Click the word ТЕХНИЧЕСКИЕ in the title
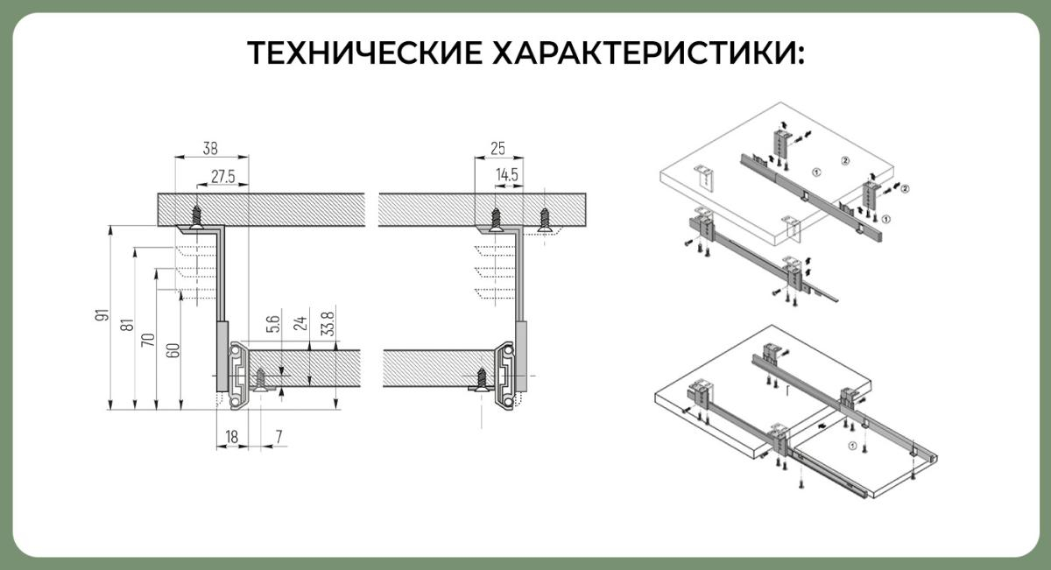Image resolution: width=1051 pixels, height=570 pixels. pos(364,53)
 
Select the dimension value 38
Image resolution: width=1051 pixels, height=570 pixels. pos(210,148)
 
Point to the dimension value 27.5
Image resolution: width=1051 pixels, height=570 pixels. pos(222,177)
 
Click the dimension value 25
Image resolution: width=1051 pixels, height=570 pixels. pos(497,148)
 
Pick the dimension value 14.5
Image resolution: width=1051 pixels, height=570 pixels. pos(507,175)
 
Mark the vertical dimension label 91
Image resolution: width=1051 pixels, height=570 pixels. pos(102,315)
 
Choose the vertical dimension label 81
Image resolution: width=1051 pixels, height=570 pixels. pos(127,325)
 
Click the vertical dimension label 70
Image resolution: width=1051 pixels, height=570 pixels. pos(148,340)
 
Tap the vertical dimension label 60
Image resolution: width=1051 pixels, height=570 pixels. pos(173,350)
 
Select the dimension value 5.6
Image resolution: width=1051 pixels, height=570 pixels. pos(272,324)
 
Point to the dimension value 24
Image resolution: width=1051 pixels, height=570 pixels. pos(300,323)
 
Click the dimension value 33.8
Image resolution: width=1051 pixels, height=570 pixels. pos(328,324)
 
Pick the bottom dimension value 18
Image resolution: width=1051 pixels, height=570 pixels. pos(232,437)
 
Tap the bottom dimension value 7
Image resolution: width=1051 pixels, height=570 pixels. pos(279,437)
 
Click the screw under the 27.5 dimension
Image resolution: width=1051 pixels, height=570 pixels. pos(196,218)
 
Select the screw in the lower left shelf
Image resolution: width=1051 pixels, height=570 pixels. pos(260,380)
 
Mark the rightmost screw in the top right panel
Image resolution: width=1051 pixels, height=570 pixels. pos(544,220)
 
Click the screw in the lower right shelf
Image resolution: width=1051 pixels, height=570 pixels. pos(481,380)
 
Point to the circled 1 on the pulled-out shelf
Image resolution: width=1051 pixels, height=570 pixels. pos(852,446)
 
